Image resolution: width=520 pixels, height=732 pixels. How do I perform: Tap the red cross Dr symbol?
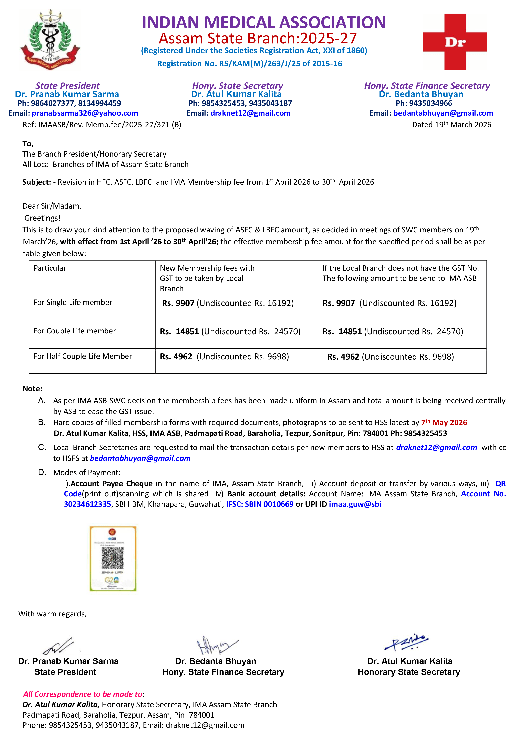tap(455, 42)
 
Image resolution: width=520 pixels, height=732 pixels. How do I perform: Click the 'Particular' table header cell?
tap(50, 268)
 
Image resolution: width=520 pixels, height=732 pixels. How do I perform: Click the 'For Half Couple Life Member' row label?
tap(83, 356)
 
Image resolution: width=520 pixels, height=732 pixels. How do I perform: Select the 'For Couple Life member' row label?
tap(75, 331)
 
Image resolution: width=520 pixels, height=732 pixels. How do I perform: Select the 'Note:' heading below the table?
tap(32, 389)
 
